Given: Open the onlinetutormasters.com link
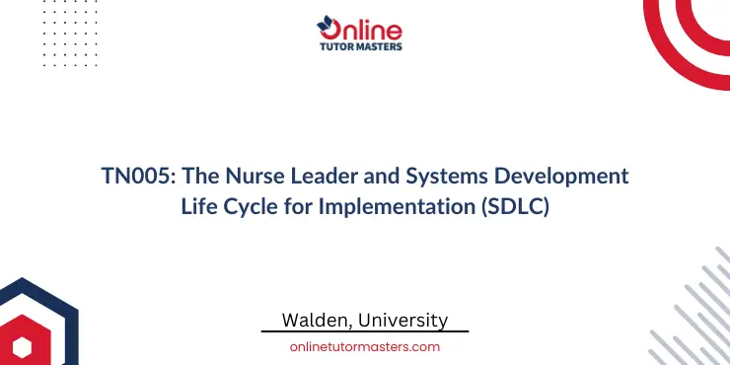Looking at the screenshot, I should click(x=365, y=346).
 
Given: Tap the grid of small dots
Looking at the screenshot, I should click(x=49, y=35).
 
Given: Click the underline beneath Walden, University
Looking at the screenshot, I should click(x=365, y=332).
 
